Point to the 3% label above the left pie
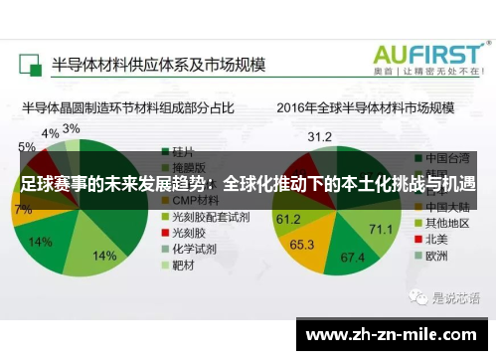[x=72, y=129]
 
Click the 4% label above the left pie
[x=50, y=133]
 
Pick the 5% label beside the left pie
[x=27, y=146]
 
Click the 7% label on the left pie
[x=23, y=209]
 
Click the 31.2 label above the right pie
[x=319, y=135]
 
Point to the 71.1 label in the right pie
[x=381, y=229]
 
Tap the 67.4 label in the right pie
[x=352, y=257]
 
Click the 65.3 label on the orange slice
[x=302, y=244]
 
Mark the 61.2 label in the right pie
[x=288, y=218]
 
